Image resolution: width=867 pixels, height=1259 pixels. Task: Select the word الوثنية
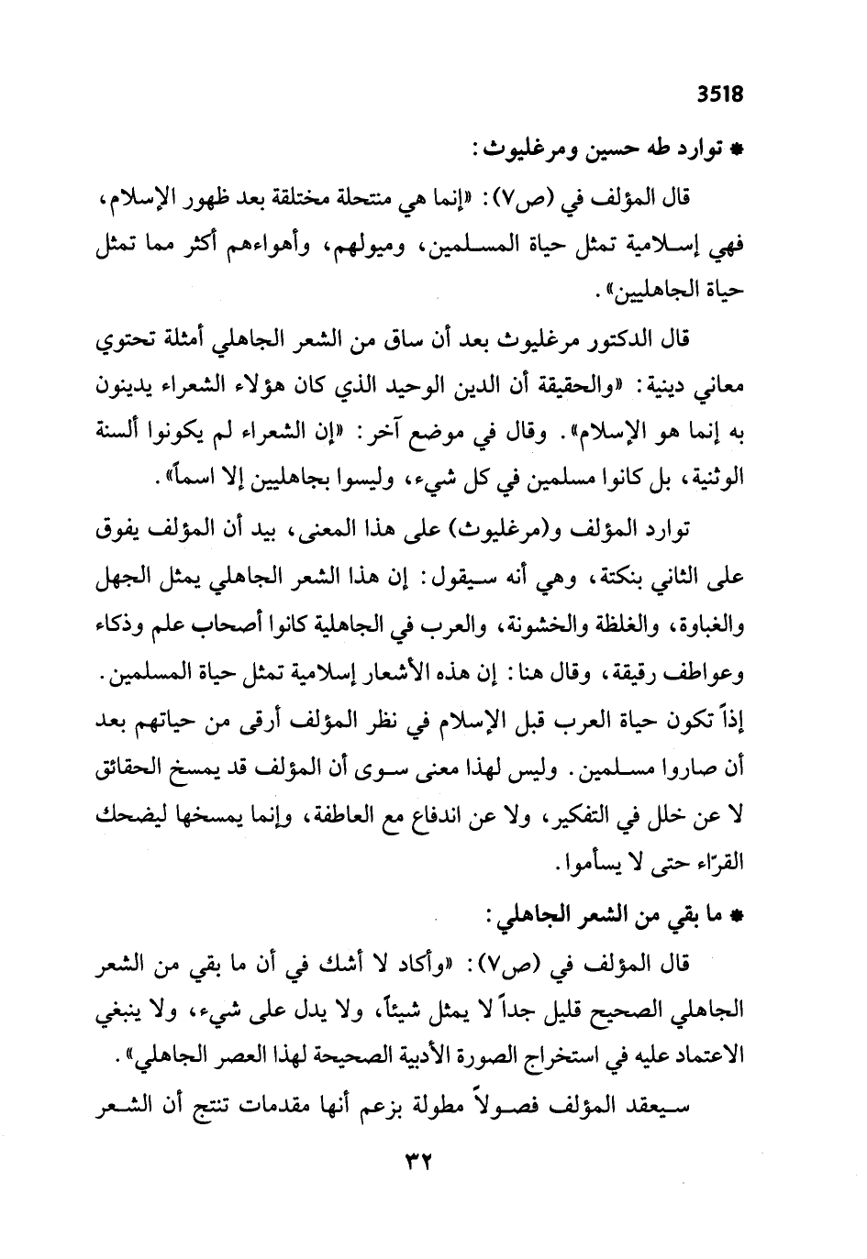coord(706,479)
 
